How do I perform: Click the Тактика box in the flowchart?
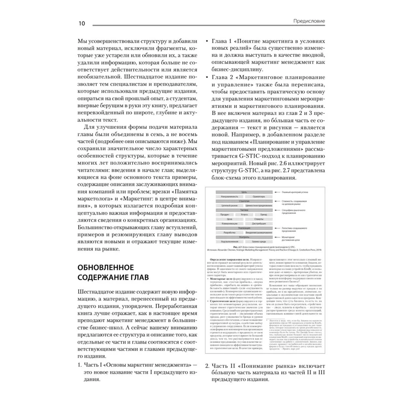(x=244, y=210)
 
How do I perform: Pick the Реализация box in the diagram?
(x=244, y=228)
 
